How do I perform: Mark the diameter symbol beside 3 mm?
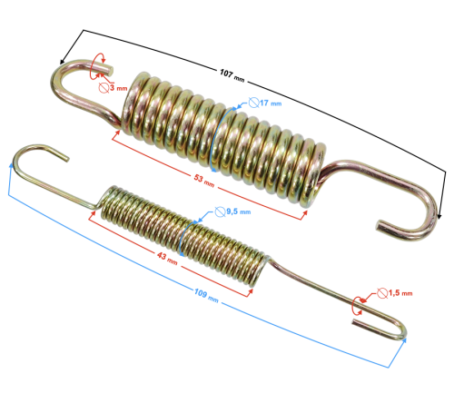(99, 88)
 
